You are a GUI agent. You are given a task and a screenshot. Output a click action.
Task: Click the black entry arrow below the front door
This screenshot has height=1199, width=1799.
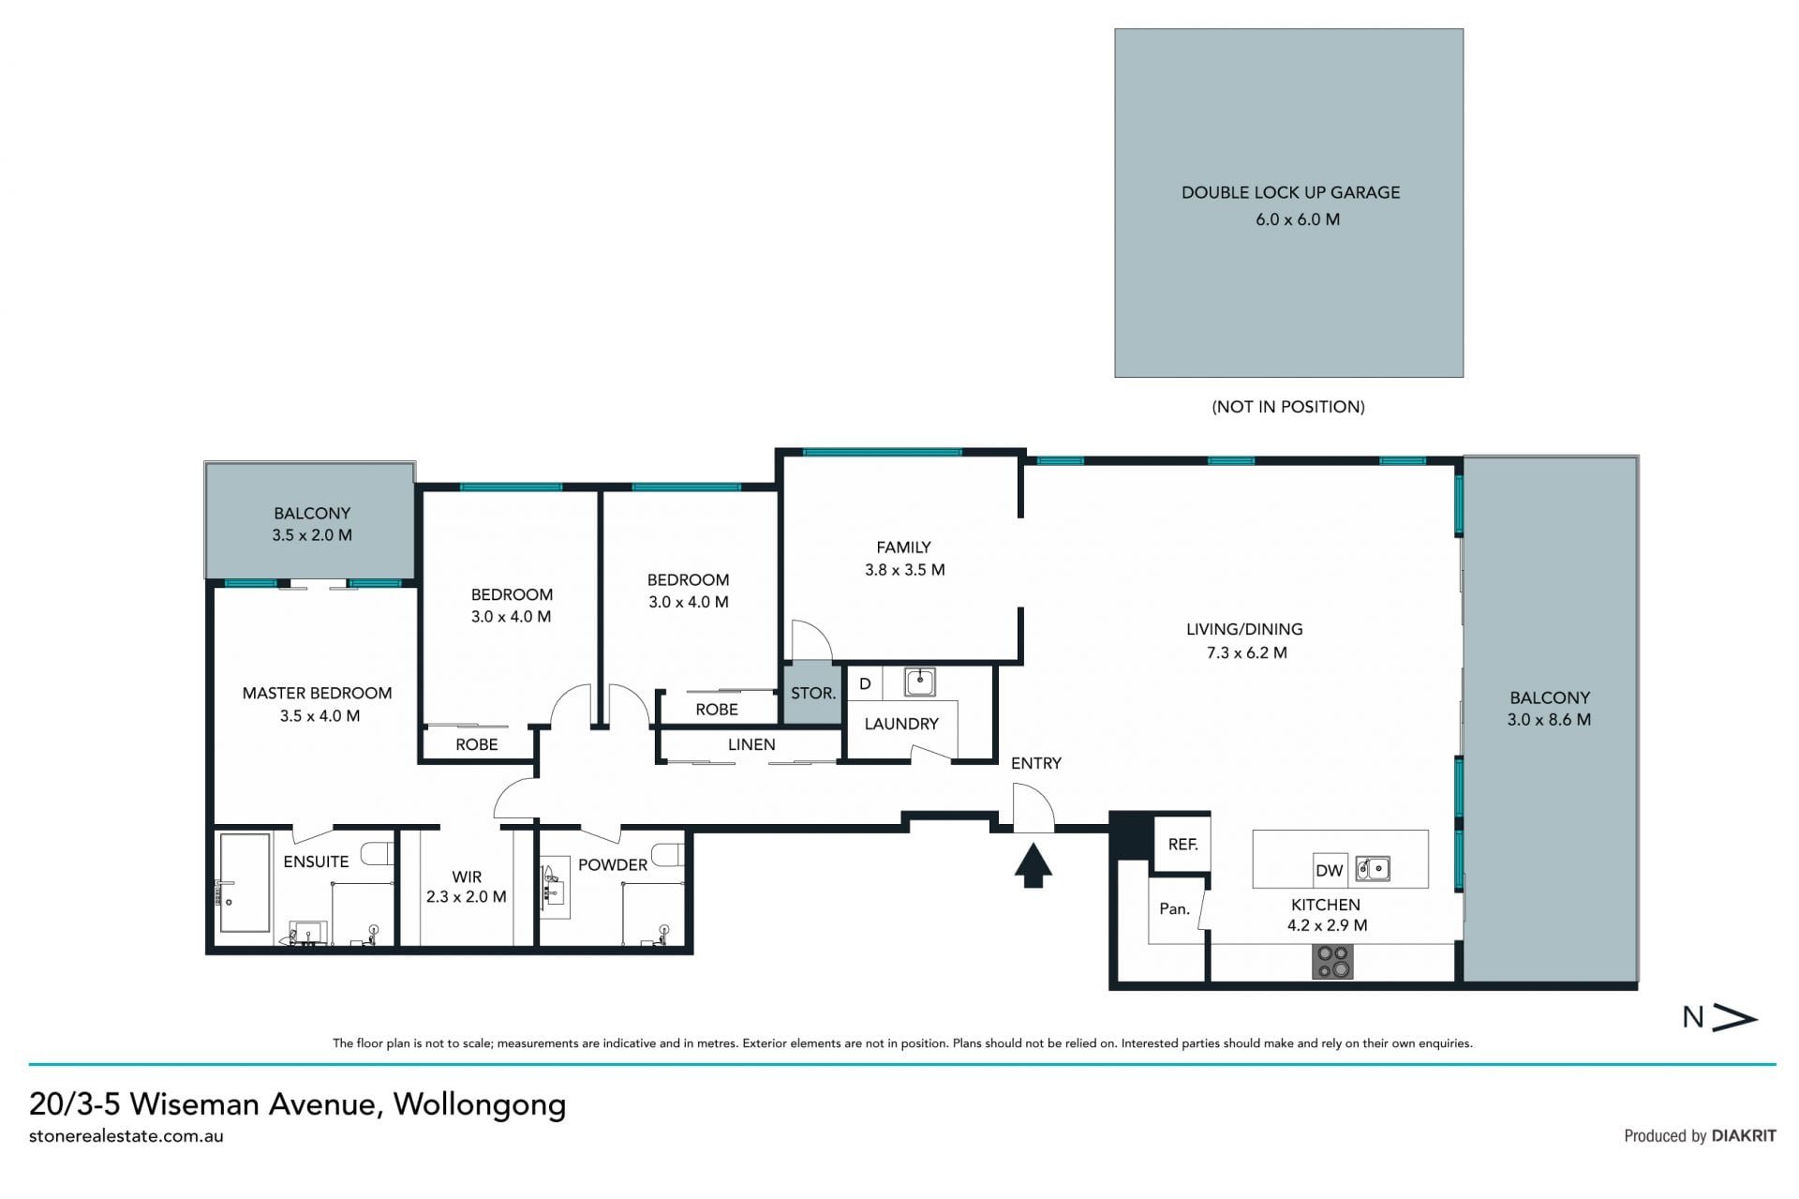pos(1033,865)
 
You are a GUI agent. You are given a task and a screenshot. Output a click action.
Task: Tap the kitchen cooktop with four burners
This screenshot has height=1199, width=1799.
pos(1332,962)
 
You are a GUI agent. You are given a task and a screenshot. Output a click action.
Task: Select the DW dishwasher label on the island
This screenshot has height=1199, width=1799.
pos(1329,870)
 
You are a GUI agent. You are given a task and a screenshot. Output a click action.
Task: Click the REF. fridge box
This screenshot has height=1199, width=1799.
pos(1182,845)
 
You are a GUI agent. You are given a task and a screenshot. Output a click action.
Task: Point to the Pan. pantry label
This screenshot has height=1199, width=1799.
pos(1174,908)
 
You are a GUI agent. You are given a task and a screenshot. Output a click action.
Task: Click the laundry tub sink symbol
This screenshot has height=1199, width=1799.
pos(919,682)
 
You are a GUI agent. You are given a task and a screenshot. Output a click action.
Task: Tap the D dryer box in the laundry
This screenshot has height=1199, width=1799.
pos(865,683)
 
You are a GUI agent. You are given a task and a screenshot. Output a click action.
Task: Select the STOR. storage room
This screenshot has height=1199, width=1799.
pos(812,694)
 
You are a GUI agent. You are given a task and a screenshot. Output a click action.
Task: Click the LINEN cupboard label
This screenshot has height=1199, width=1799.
pos(751,744)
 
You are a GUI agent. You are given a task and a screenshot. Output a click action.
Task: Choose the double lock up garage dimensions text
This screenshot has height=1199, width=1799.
pos(1297,219)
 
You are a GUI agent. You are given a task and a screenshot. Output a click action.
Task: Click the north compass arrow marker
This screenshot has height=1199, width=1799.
pos(1733,1018)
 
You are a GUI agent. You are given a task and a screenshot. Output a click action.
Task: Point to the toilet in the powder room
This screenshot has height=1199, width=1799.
pos(667,855)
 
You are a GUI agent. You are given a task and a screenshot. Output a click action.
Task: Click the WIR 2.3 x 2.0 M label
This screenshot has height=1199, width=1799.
pos(467,887)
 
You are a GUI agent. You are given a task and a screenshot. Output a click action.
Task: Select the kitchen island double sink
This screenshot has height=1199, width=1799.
pos(1373,869)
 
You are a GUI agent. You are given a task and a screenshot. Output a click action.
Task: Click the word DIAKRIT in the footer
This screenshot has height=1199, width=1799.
pos(1744,1136)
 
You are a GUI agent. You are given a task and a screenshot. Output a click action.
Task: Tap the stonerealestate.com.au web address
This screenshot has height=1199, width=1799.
pos(126,1136)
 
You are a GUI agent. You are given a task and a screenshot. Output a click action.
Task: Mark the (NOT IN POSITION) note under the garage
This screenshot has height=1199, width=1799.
pos(1288,407)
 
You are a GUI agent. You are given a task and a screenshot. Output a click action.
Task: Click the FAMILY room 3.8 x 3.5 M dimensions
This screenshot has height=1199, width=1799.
pos(904,570)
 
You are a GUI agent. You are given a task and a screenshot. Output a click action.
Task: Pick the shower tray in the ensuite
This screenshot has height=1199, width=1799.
pos(244,883)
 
